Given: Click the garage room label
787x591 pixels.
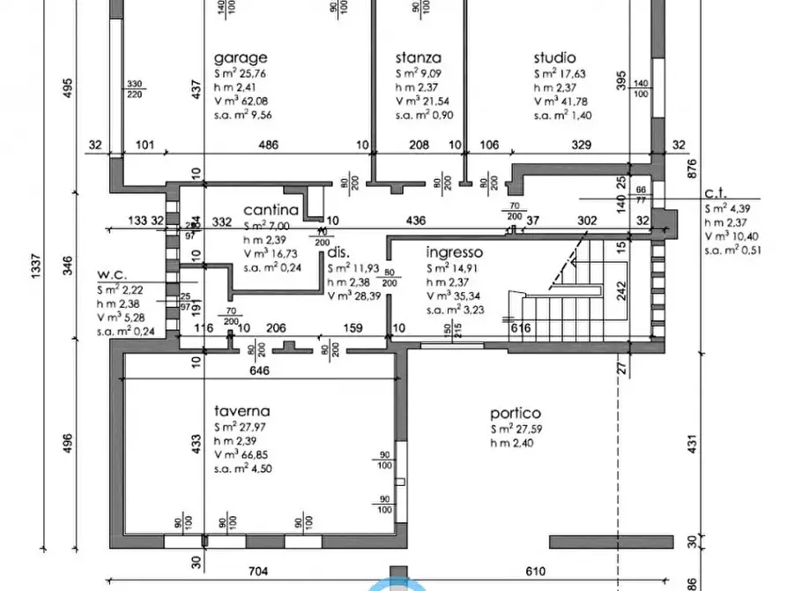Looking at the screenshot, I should point(239,58).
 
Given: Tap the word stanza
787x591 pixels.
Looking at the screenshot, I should point(419,58).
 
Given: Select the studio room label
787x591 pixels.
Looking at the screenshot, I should point(554,58).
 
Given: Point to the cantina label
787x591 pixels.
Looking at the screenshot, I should point(270,210).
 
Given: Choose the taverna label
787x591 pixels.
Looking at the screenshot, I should point(241,411).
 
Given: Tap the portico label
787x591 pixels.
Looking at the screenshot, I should point(516,413).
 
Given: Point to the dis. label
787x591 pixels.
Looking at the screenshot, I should point(339,251).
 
